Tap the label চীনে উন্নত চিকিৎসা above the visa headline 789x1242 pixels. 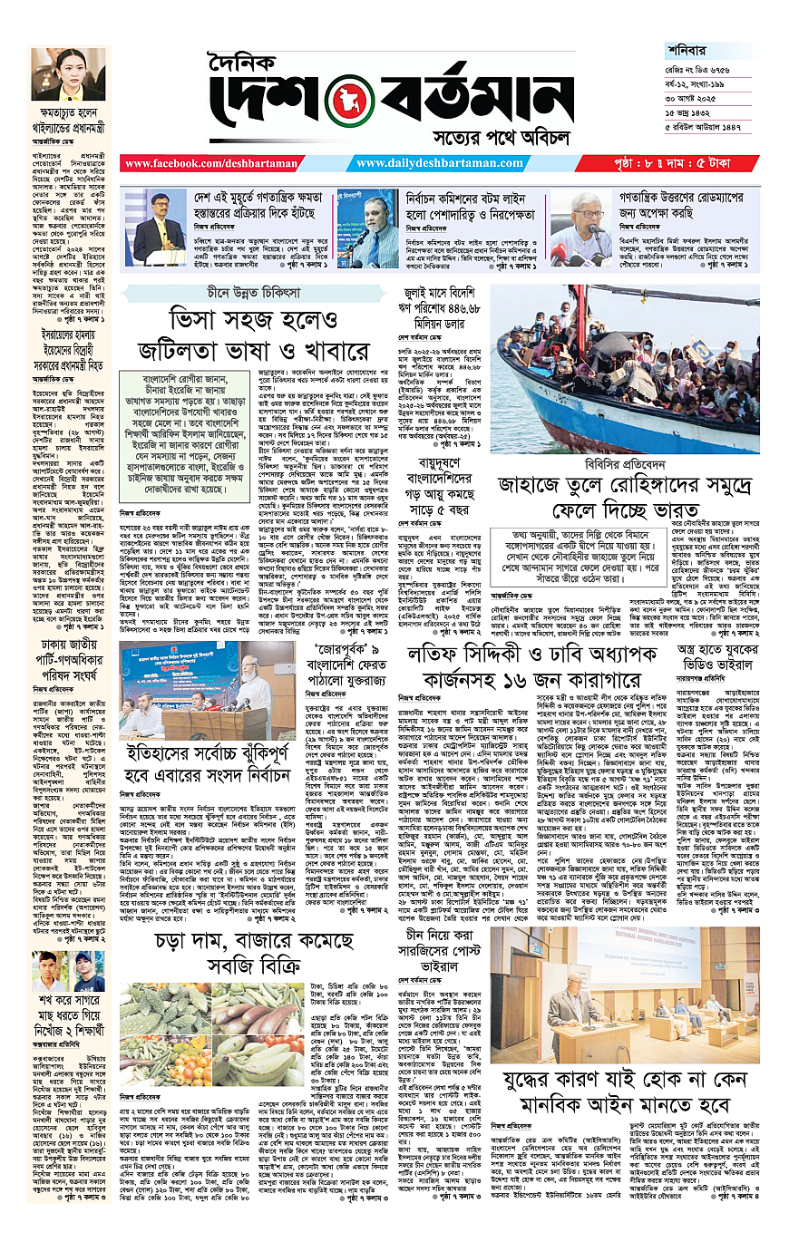tap(269, 291)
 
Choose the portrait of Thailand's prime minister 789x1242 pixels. tap(68, 75)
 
